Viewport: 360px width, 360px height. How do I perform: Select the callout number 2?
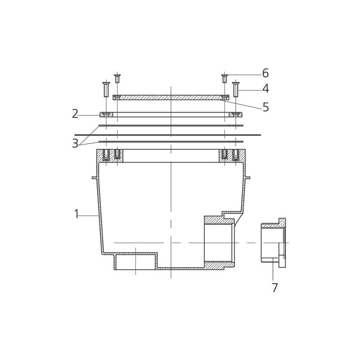pyautogui.click(x=75, y=114)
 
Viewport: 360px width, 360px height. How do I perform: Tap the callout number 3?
pyautogui.click(x=75, y=144)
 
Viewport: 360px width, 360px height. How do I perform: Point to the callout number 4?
pyautogui.click(x=265, y=89)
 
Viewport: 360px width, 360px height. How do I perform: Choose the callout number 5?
pyautogui.click(x=265, y=107)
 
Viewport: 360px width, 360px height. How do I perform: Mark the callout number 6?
pyautogui.click(x=265, y=73)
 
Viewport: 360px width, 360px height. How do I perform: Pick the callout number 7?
pyautogui.click(x=275, y=288)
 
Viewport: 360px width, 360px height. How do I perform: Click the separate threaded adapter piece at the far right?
pyautogui.click(x=273, y=243)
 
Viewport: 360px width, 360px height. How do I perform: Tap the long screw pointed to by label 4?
pyautogui.click(x=236, y=89)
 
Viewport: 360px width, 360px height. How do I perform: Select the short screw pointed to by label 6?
pyautogui.click(x=225, y=78)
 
